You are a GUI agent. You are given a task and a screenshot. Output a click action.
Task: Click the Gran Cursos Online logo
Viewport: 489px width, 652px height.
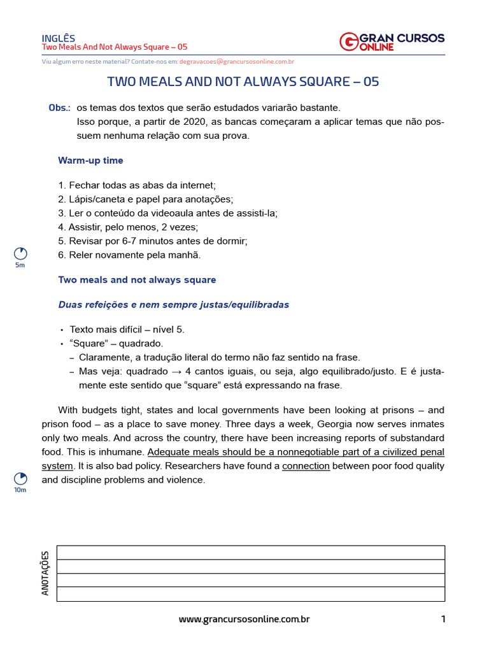pyautogui.click(x=392, y=42)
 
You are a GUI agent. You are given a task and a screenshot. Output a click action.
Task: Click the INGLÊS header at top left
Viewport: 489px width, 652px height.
pyautogui.click(x=59, y=38)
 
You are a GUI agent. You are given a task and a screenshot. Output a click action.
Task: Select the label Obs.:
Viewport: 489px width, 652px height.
pyautogui.click(x=59, y=108)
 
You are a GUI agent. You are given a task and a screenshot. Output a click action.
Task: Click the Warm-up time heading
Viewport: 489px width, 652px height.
pyautogui.click(x=90, y=160)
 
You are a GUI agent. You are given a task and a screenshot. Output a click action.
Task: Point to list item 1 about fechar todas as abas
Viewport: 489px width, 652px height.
pyautogui.click(x=137, y=185)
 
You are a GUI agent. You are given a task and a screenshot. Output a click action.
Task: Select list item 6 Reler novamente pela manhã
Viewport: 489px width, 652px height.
pyautogui.click(x=129, y=255)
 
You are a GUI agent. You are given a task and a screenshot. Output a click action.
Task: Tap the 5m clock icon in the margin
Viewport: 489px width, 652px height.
pyautogui.click(x=20, y=253)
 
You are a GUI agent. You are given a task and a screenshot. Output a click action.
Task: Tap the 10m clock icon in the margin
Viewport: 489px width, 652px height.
pyautogui.click(x=20, y=478)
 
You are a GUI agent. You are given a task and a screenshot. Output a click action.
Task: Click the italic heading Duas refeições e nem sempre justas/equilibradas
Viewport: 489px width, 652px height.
pyautogui.click(x=173, y=305)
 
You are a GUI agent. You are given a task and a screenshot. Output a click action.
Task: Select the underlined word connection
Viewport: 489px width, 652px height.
pyautogui.click(x=306, y=466)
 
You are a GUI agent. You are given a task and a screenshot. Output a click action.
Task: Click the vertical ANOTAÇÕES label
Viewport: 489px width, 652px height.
pyautogui.click(x=45, y=573)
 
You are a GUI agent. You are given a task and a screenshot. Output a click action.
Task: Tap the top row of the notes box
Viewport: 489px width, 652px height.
pyautogui.click(x=250, y=553)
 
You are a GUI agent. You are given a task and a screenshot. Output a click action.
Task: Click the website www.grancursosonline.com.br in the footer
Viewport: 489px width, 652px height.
pyautogui.click(x=244, y=619)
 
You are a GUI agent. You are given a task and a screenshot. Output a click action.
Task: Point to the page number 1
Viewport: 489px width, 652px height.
pyautogui.click(x=443, y=619)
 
